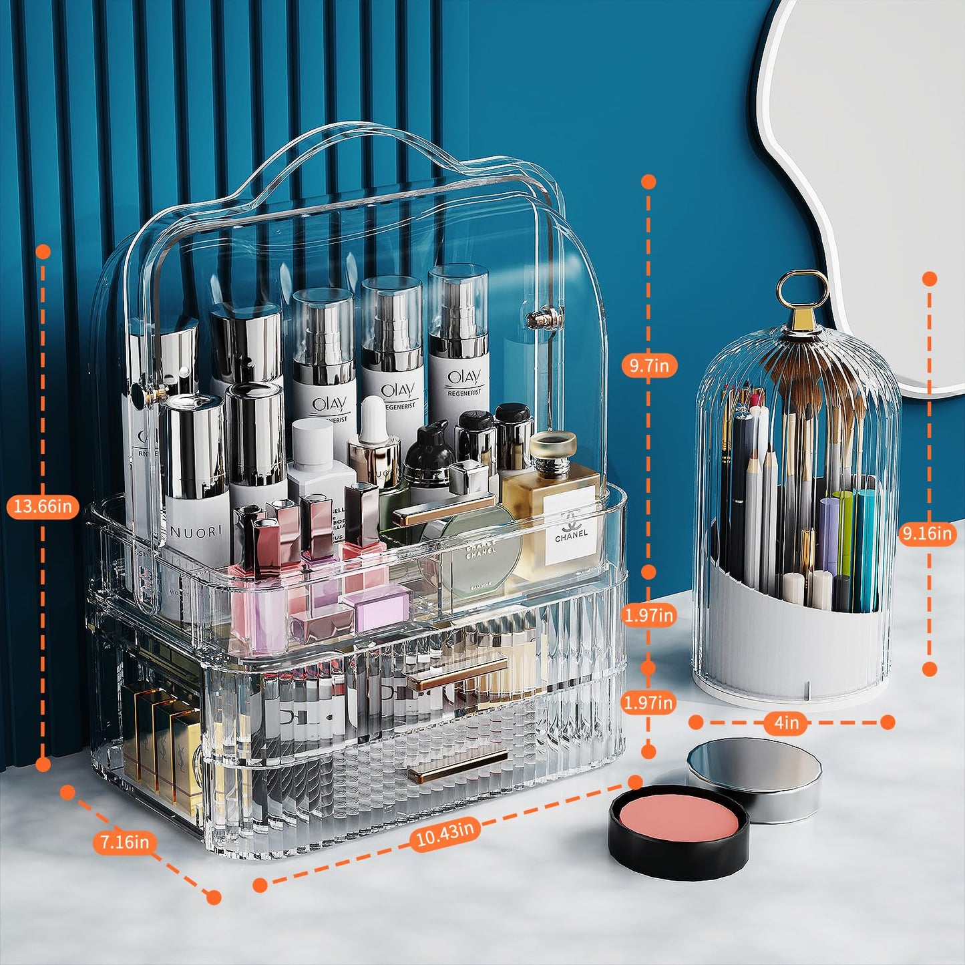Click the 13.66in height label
coord(43,506)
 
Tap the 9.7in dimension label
coord(648,365)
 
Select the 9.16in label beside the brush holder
coord(927,534)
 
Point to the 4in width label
coord(786,723)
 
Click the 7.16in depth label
coord(125,842)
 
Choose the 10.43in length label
coord(444,833)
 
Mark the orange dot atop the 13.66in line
coord(43,252)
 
